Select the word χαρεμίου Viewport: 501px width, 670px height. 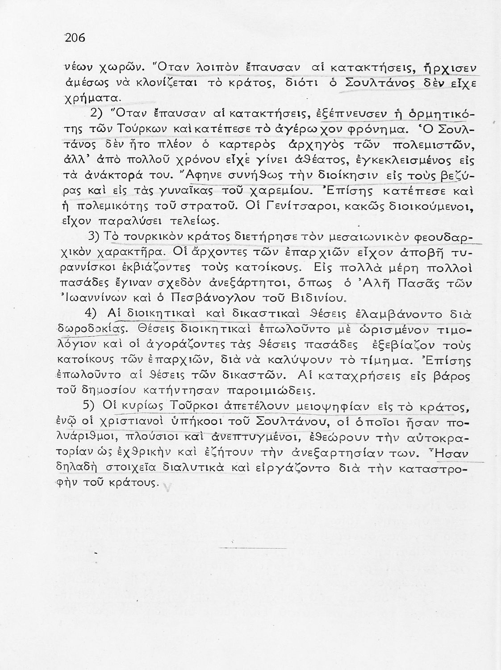pyautogui.click(x=277, y=192)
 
